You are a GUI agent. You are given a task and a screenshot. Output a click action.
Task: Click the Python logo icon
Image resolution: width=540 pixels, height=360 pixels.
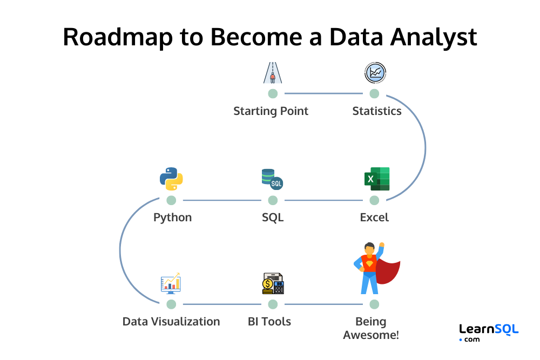click(171, 179)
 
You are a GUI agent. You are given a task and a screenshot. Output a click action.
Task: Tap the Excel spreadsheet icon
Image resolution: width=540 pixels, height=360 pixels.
click(376, 179)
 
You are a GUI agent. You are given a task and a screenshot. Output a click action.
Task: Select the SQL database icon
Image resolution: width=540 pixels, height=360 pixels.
click(272, 179)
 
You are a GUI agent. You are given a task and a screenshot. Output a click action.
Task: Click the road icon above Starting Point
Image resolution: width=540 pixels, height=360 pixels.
click(273, 73)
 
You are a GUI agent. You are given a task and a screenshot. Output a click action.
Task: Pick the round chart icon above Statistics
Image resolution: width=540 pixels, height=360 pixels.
click(375, 73)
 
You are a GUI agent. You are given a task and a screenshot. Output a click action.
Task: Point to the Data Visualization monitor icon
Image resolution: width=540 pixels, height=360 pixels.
click(171, 283)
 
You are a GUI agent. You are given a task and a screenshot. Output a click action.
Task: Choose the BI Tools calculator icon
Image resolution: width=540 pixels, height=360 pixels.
click(273, 284)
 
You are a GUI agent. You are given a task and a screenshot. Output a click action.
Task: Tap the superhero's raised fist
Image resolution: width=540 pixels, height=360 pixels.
click(382, 245)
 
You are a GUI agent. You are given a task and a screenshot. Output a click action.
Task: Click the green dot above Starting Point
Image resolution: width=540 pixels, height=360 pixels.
click(273, 94)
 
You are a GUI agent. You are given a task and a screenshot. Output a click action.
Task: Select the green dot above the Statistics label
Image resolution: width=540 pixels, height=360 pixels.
click(374, 94)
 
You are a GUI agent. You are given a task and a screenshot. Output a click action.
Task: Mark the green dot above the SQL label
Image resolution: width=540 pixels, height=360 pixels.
click(273, 200)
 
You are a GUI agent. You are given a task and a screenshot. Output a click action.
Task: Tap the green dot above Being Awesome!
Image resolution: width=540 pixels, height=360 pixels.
click(374, 304)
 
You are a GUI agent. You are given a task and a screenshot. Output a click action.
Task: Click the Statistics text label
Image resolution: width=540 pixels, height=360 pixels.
click(376, 111)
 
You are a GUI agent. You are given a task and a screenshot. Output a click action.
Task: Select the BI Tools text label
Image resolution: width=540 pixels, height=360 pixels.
click(269, 322)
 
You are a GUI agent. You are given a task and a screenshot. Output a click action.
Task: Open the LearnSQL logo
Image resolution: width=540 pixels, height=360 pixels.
click(488, 332)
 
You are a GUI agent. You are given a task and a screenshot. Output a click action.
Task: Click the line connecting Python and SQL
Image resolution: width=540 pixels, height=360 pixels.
click(221, 200)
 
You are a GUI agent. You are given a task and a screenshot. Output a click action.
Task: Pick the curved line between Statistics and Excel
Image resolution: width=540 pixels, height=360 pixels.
click(425, 147)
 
